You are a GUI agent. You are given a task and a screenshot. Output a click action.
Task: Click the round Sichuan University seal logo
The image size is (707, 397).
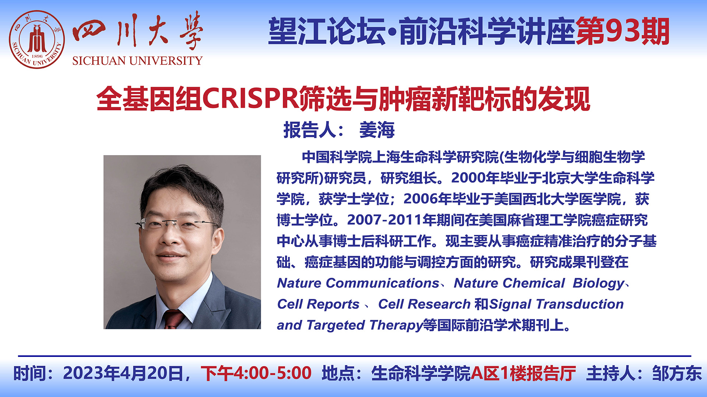point(37,40)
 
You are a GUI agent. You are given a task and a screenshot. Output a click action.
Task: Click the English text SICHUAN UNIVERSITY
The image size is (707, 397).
point(137,61)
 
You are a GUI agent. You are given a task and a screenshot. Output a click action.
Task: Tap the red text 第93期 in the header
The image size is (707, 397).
point(622,32)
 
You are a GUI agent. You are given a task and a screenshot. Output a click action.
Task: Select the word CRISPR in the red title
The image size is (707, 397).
point(250,99)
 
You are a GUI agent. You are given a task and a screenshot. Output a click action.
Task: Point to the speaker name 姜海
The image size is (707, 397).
point(377,130)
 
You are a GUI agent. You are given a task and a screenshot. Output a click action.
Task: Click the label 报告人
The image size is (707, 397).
point(310,130)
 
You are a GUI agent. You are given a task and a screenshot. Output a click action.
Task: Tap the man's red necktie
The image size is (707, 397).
point(173,319)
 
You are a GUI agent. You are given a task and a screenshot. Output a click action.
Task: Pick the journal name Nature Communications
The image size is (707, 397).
point(358,283)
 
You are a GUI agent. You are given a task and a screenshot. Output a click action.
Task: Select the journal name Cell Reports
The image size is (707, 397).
point(318,304)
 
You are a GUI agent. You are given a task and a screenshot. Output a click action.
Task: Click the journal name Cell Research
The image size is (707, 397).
point(424,304)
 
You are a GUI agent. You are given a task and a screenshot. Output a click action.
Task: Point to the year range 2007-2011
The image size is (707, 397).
point(384,220)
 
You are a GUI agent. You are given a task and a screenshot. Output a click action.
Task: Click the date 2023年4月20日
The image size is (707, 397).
point(123,373)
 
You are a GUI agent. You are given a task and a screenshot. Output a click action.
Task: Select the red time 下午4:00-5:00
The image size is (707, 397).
point(256,373)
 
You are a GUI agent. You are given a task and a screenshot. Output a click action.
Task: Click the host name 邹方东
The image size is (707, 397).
point(677,373)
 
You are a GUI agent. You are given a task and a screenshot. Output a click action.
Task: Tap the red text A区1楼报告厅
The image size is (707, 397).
point(523,373)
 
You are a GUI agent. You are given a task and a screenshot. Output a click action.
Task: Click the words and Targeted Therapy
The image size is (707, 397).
point(350,325)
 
